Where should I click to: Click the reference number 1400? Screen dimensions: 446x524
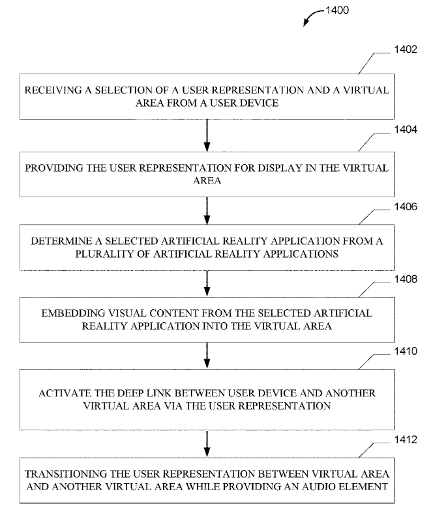337,10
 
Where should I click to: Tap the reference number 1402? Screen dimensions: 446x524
406,49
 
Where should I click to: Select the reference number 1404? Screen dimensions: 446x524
406,130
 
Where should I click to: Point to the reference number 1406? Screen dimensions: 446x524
406,206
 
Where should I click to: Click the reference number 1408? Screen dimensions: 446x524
406,279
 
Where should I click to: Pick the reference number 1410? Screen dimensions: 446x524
406,351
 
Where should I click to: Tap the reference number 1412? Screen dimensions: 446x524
406,439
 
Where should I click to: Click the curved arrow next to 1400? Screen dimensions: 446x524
312,14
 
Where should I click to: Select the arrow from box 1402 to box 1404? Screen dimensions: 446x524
207,135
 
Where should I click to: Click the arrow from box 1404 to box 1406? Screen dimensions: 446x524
207,210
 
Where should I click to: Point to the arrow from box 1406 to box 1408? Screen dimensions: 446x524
207,283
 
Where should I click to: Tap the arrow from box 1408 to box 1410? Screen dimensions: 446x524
207,355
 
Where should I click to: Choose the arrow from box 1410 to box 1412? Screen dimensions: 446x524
207,444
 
